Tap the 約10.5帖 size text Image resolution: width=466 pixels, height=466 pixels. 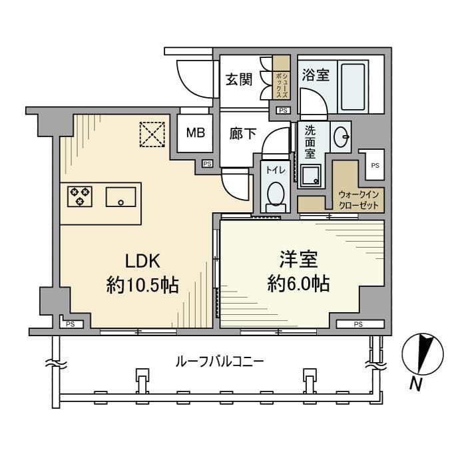[142, 286]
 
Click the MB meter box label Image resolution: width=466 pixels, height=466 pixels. [195, 132]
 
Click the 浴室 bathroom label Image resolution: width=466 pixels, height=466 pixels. [316, 74]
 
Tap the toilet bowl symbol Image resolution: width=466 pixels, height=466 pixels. [274, 195]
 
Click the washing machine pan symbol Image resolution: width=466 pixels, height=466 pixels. [311, 175]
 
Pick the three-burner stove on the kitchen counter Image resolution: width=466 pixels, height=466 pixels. [80, 196]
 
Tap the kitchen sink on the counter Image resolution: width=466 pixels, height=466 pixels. [121, 197]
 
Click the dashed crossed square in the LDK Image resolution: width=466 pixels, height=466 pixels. [152, 133]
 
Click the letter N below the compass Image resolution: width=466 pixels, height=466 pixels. [417, 384]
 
